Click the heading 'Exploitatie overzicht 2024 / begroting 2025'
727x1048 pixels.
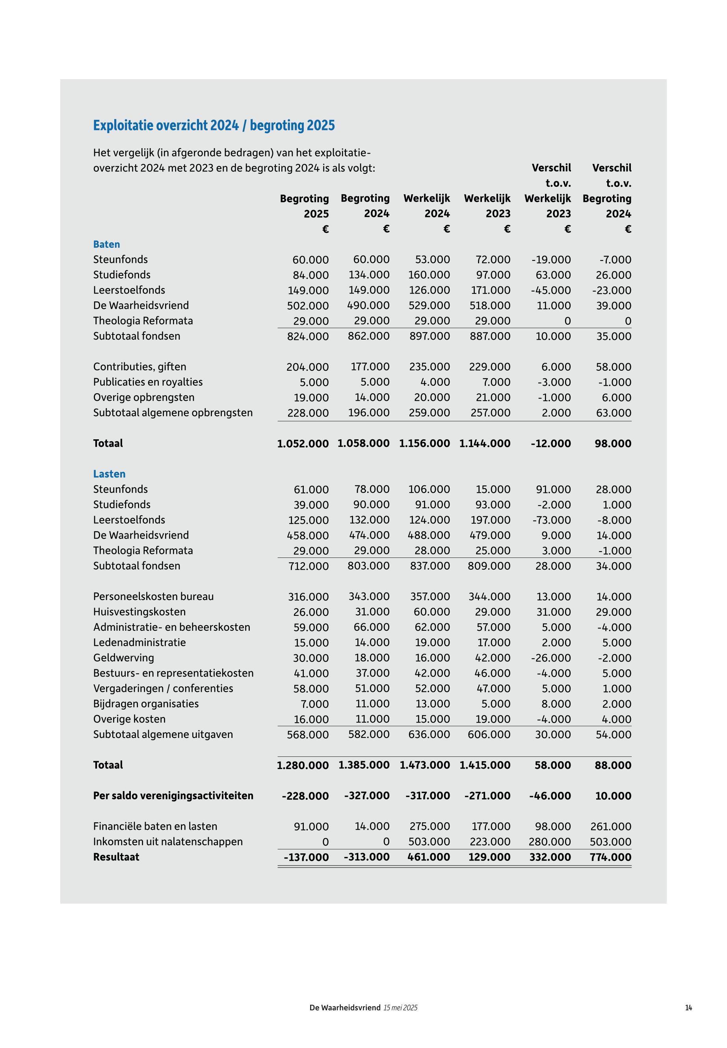[x=214, y=125]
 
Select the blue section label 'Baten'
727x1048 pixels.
[x=107, y=244]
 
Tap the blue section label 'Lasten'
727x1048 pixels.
[x=109, y=474]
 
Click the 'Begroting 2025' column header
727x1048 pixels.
[x=304, y=206]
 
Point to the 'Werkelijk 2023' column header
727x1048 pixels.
[x=487, y=206]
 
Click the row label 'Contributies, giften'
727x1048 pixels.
[x=139, y=367]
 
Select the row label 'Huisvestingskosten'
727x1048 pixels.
[x=139, y=612]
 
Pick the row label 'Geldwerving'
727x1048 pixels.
[x=123, y=658]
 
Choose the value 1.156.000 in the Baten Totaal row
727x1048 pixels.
[x=424, y=444]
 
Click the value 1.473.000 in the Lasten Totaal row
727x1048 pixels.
[x=424, y=765]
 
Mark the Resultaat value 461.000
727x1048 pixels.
[x=429, y=857]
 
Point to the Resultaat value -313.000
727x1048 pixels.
[x=367, y=857]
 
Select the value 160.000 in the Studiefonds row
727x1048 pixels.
[x=429, y=275]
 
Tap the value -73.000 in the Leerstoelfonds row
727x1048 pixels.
[x=551, y=520]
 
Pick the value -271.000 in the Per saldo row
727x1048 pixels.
[x=487, y=796]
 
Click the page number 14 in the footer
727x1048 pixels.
[x=688, y=1007]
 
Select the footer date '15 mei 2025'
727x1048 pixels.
[x=400, y=1007]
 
